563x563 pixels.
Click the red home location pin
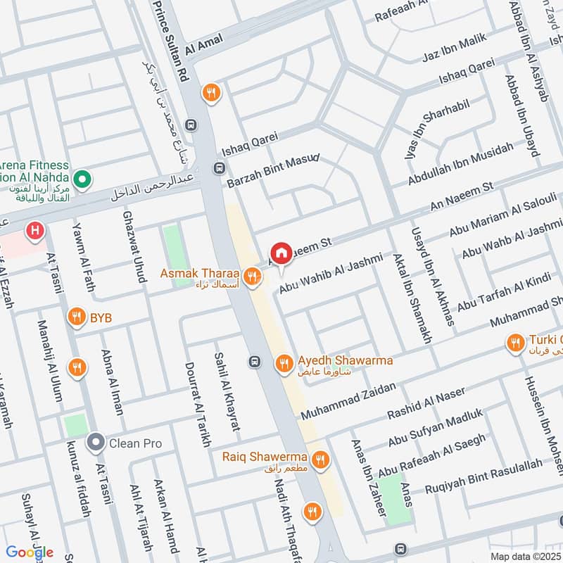pos(281,253)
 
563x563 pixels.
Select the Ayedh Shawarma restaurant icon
pos(284,362)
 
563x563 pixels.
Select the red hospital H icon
pos(33,229)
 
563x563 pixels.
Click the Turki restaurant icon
pos(515,343)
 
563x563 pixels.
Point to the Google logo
pos(30,552)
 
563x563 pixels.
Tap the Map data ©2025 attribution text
pos(526,557)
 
